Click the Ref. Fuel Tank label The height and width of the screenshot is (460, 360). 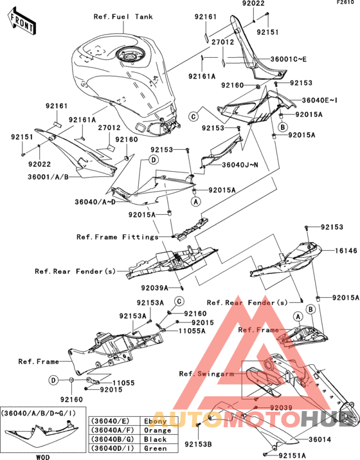123,17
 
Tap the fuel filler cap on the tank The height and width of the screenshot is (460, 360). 130,53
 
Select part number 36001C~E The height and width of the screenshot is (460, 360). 289,59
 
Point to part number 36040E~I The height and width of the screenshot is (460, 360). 319,100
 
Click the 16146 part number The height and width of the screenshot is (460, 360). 346,250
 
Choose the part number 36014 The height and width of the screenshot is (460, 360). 319,439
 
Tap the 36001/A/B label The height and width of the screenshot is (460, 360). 48,177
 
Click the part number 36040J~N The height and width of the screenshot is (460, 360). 240,165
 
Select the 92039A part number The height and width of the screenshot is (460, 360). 154,288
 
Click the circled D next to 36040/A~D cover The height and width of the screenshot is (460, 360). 154,160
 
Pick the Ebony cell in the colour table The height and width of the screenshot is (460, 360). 156,421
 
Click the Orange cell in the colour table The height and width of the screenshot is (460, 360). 157,430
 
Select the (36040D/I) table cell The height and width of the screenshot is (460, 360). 113,448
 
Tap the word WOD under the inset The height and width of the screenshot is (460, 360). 43,457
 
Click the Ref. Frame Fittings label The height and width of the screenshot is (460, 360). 117,237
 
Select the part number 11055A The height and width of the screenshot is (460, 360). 192,331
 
